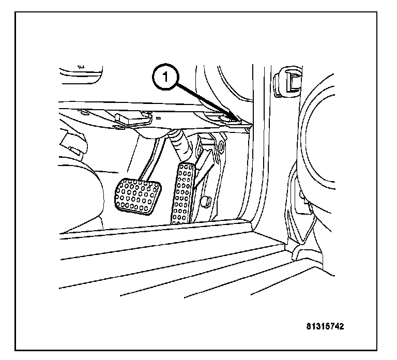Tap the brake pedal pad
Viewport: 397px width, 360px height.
pyautogui.click(x=135, y=195)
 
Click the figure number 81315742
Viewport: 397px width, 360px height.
pyautogui.click(x=324, y=326)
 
